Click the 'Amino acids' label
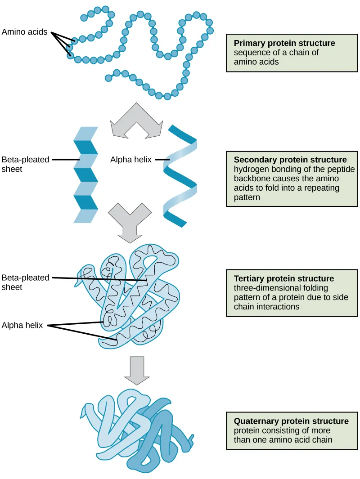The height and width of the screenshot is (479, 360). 24,32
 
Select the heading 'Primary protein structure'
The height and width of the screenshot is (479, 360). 284,44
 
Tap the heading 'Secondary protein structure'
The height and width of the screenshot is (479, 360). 290,160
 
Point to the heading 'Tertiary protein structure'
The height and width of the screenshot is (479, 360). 283,278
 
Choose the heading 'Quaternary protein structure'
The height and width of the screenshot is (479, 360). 291,421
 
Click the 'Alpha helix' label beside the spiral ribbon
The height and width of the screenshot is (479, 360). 131,159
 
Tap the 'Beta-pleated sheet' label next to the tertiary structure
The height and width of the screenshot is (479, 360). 25,282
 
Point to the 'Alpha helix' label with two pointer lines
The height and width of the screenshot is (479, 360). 22,325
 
